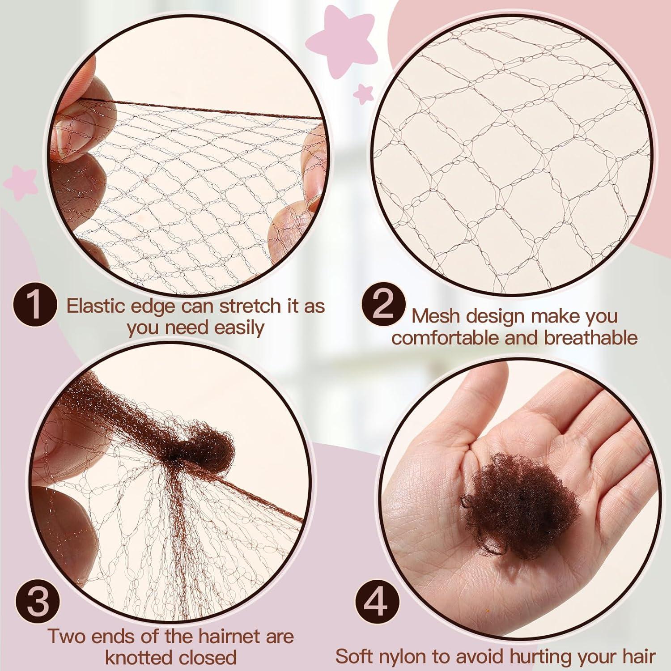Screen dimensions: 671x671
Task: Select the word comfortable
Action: pos(446,338)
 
